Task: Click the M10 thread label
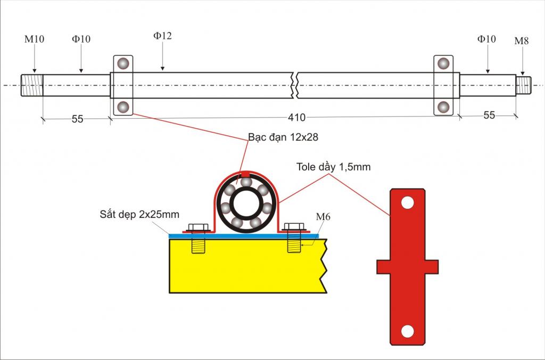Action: (x=34, y=39)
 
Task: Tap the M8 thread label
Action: (x=522, y=41)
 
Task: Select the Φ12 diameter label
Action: (x=162, y=36)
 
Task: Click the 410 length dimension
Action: (x=296, y=118)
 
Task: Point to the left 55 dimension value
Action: (x=78, y=119)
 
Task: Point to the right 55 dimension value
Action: (x=489, y=115)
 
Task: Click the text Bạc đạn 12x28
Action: (x=283, y=137)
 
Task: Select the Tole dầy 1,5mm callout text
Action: (x=333, y=167)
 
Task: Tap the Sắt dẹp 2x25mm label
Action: (x=139, y=214)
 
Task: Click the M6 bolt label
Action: (x=323, y=217)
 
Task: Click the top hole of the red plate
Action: (x=407, y=202)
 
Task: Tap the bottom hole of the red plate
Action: (x=407, y=331)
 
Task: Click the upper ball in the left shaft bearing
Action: (x=123, y=64)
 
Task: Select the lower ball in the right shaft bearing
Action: (x=443, y=107)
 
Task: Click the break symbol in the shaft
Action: (x=294, y=85)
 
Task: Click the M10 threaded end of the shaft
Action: (x=32, y=85)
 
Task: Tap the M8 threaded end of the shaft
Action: (x=524, y=85)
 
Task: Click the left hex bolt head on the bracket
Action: (x=199, y=227)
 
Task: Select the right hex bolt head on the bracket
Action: (x=294, y=227)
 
